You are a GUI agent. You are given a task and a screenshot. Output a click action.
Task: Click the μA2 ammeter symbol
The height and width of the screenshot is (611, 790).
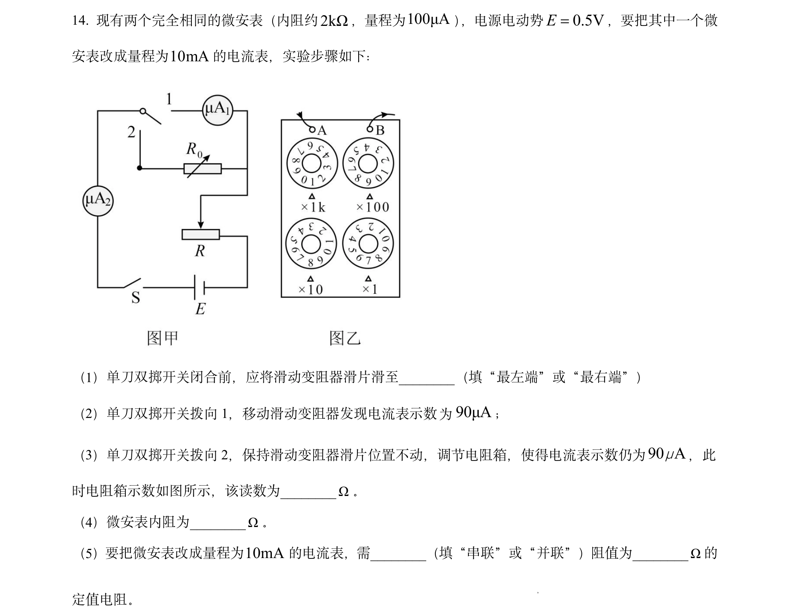tap(98, 201)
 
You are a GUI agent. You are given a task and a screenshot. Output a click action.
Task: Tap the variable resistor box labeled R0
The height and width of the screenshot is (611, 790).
tap(203, 169)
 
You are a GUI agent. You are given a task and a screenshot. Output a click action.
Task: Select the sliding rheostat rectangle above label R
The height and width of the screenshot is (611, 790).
tap(201, 234)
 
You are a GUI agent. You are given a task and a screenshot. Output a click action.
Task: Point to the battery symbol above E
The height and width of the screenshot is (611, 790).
tap(199, 287)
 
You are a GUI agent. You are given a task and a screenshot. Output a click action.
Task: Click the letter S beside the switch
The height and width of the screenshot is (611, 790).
tap(136, 297)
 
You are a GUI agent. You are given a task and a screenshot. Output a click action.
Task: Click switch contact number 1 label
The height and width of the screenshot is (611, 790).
tap(169, 99)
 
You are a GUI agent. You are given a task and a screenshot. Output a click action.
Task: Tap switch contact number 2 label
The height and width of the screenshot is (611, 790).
tap(131, 132)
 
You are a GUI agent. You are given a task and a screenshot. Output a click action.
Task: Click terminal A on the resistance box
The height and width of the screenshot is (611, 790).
tap(312, 130)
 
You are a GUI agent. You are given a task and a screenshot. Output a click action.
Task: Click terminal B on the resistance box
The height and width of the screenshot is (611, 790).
tap(370, 129)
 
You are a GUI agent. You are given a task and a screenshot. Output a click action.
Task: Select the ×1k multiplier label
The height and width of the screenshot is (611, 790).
tap(313, 207)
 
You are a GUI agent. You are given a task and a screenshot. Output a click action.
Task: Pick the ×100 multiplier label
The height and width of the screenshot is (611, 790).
tap(373, 207)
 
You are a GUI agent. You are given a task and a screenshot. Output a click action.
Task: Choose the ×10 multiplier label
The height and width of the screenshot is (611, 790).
tap(310, 289)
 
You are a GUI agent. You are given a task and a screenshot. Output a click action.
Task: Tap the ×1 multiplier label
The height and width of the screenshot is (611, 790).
tap(369, 289)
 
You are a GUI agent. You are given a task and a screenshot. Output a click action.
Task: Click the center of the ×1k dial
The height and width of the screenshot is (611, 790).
tap(312, 164)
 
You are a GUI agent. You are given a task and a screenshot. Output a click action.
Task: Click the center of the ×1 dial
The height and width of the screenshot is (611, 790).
tap(368, 244)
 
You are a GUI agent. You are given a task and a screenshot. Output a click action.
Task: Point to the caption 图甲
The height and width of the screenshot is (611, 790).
tap(163, 338)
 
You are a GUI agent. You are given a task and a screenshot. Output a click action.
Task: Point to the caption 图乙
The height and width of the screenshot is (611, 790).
tap(345, 338)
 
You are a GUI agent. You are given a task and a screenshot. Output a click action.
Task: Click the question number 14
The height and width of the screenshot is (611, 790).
tap(80, 20)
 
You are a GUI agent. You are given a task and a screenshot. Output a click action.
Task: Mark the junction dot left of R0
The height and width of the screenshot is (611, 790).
tap(140, 168)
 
